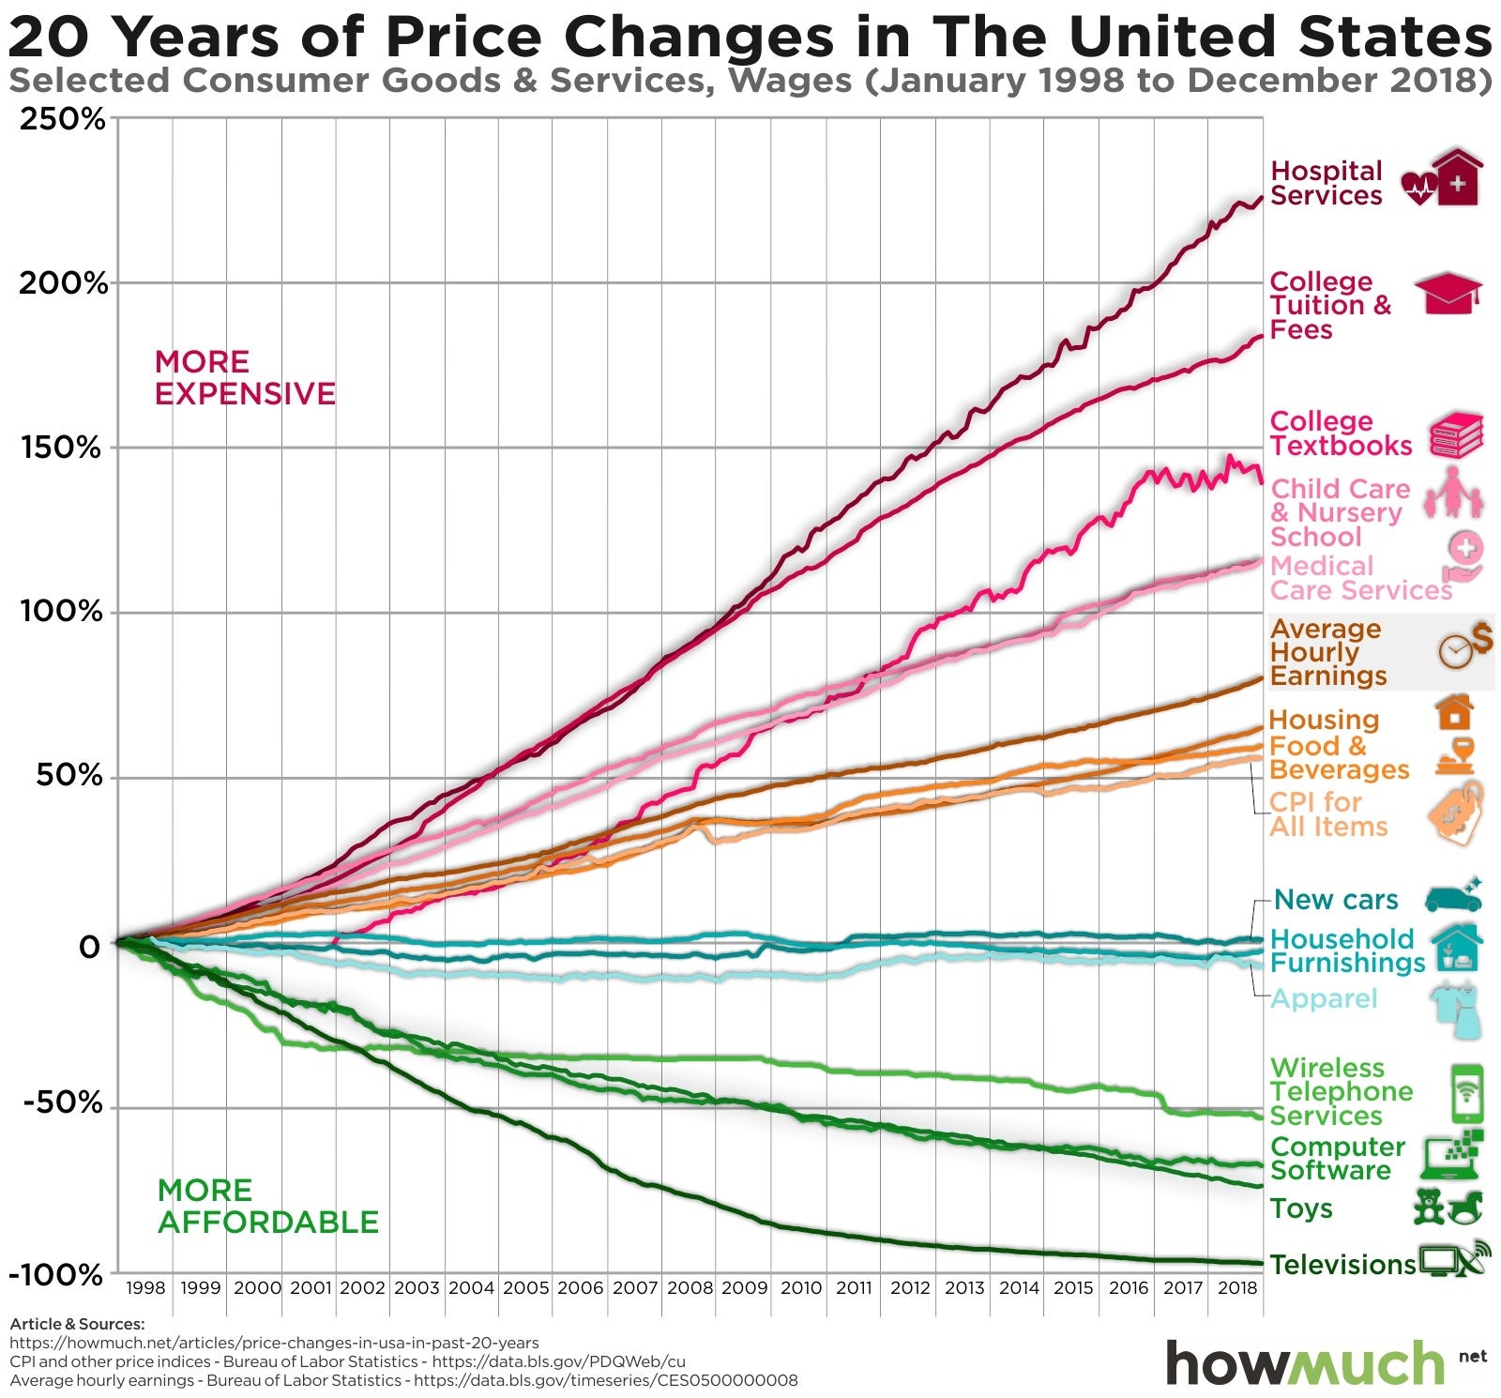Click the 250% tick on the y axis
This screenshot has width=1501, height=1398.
tap(62, 119)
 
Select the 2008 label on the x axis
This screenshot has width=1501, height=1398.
tap(690, 1287)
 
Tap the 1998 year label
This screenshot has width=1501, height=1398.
tap(145, 1287)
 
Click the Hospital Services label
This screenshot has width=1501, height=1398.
tap(1326, 183)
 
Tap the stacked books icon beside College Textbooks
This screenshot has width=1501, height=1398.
tap(1456, 435)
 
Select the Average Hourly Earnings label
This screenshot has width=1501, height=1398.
tap(1327, 652)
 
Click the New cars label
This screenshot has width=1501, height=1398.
tap(1336, 900)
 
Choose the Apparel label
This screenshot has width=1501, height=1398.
tap(1323, 998)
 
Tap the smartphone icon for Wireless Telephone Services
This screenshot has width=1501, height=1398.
tap(1467, 1093)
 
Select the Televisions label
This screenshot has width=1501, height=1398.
tap(1342, 1265)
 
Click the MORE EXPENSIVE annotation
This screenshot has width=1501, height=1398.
tap(244, 377)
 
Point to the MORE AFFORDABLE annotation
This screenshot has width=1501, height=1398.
tap(267, 1207)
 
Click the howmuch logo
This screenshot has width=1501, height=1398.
tap(1306, 1362)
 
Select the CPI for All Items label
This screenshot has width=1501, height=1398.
tap(1327, 814)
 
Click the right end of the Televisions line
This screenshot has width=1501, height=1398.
tap(1261, 1263)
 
